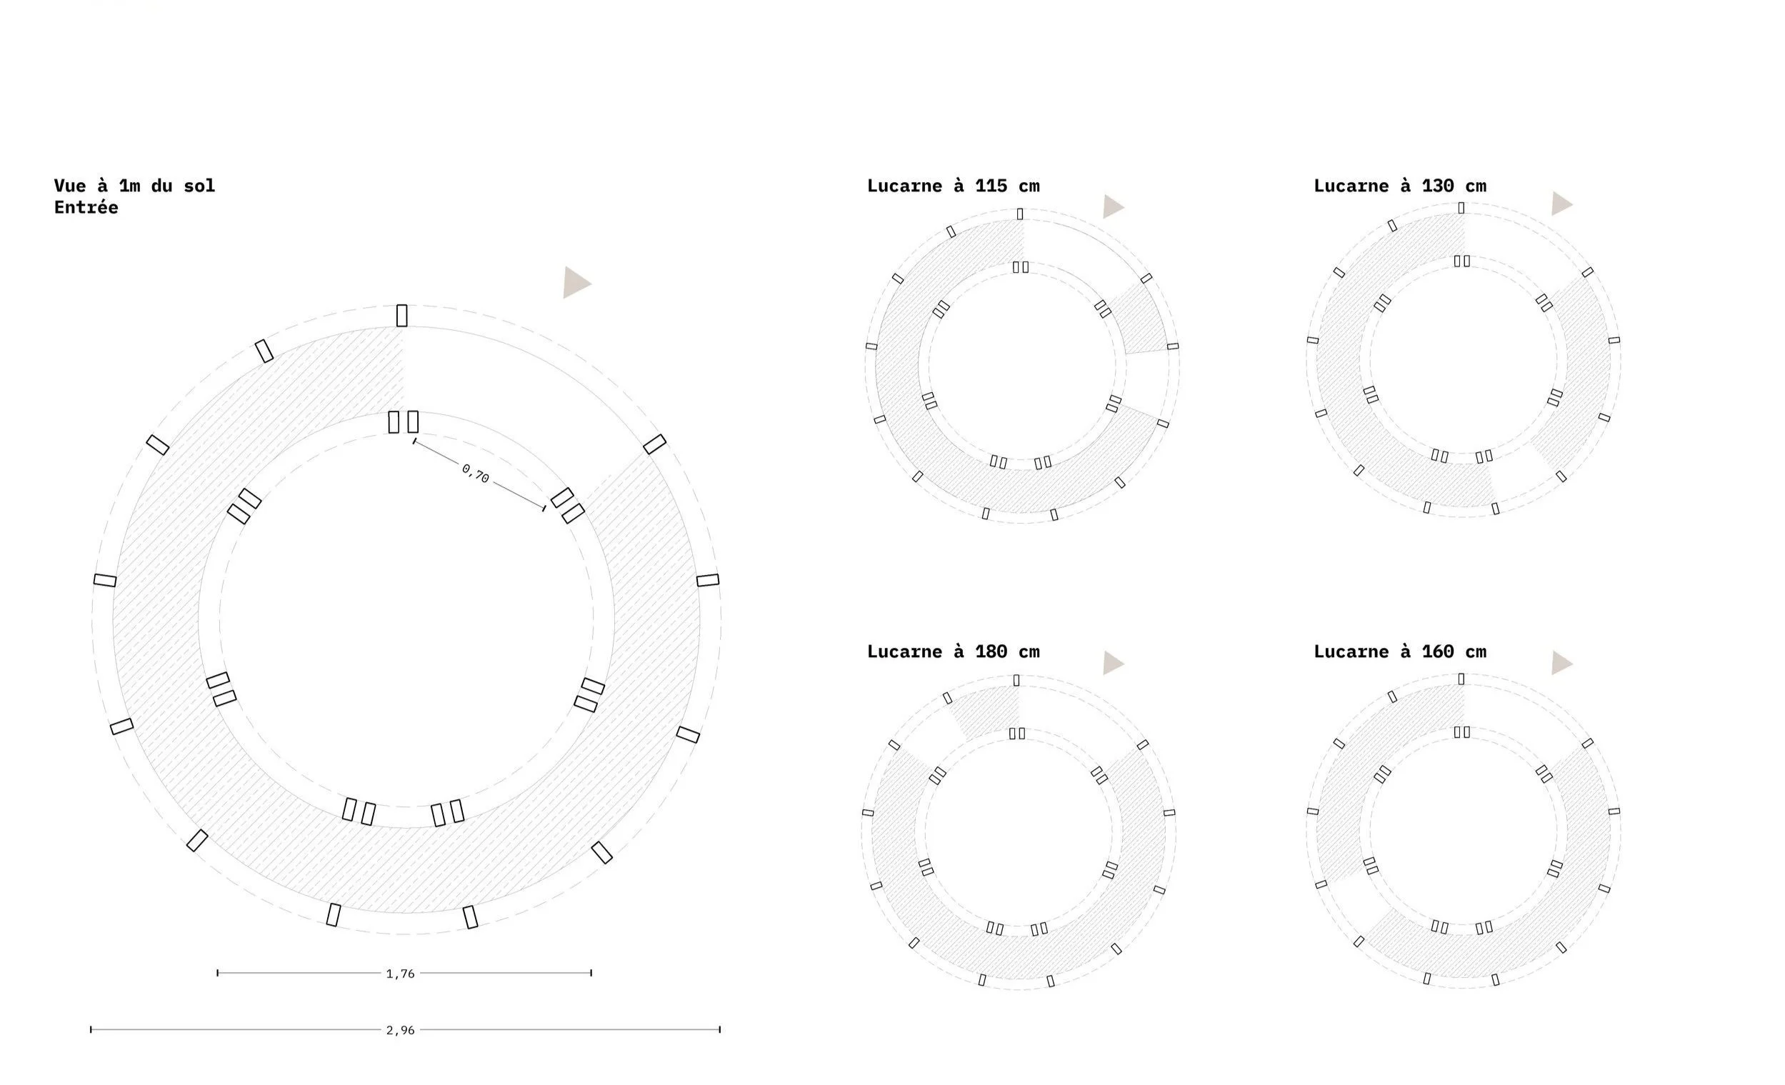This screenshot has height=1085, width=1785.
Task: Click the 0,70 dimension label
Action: [475, 474]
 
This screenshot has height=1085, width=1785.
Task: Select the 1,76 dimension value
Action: [401, 974]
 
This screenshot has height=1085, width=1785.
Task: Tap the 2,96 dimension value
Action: [401, 1030]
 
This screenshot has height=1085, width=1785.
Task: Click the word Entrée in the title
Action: [86, 208]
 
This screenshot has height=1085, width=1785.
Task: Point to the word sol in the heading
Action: [199, 186]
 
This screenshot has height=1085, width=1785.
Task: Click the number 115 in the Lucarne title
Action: [990, 186]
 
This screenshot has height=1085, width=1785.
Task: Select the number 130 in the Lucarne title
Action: [1437, 186]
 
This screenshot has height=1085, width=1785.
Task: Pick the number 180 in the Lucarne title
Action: [990, 652]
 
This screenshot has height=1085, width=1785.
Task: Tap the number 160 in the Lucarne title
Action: [1437, 652]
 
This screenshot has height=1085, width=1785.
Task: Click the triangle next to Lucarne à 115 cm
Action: [1112, 206]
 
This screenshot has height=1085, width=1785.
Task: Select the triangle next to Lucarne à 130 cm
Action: [1560, 204]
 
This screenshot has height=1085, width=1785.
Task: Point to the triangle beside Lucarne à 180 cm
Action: [1112, 663]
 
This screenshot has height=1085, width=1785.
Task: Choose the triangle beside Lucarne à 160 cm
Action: [1560, 663]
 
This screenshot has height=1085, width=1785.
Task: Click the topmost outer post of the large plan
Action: [402, 316]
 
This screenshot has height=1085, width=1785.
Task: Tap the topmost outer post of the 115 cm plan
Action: [1020, 214]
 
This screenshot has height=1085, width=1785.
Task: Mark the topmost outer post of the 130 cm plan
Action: [1461, 208]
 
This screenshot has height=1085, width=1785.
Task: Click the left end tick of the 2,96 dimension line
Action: [91, 1029]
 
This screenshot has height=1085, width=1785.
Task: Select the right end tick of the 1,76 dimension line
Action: [591, 973]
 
